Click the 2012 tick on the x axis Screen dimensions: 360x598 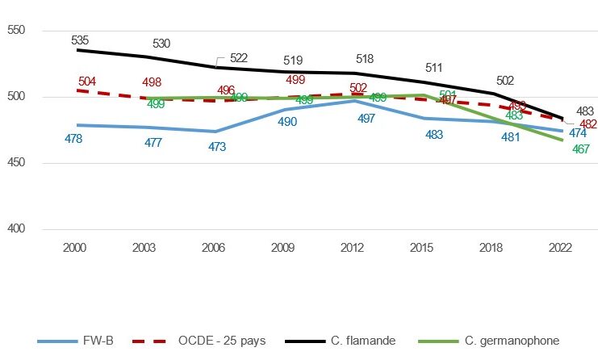(355, 244)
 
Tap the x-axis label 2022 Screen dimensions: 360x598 (562, 244)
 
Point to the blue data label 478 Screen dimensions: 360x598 (74, 139)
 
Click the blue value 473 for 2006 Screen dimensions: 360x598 (217, 147)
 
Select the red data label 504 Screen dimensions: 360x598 (87, 82)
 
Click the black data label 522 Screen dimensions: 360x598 (238, 58)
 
